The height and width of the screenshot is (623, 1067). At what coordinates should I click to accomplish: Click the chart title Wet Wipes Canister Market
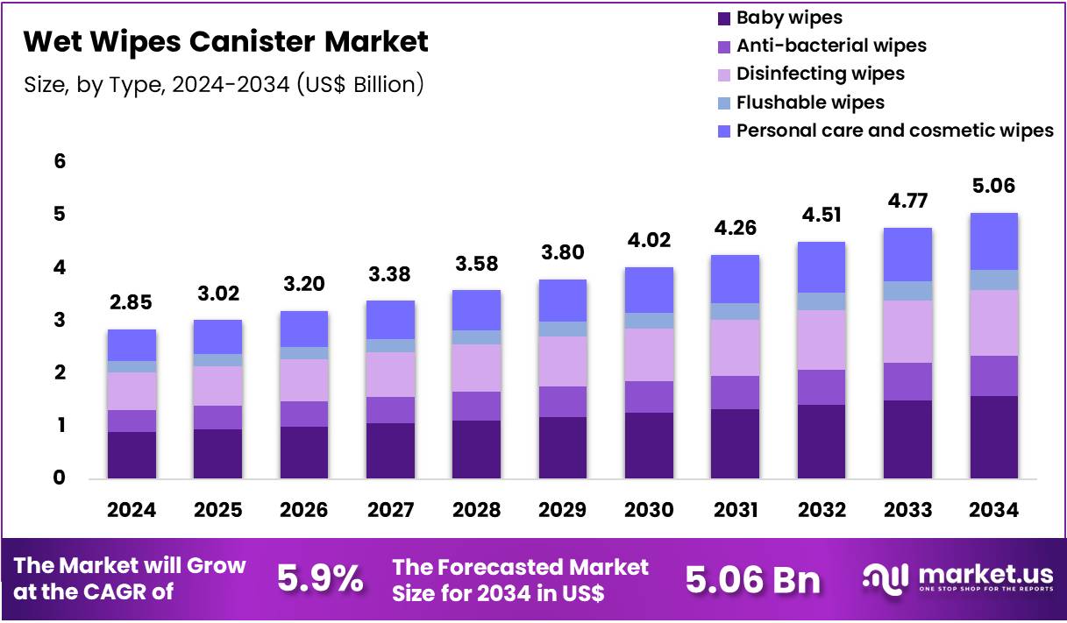click(225, 41)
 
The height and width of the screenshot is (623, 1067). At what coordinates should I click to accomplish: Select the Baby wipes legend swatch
click(723, 18)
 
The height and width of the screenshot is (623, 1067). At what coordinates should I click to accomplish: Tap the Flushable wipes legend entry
click(809, 103)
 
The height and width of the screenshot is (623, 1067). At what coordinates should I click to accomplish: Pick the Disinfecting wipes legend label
click(820, 74)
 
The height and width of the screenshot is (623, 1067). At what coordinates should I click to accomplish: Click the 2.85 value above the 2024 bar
click(131, 303)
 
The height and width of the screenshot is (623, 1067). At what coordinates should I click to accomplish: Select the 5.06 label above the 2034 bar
click(993, 186)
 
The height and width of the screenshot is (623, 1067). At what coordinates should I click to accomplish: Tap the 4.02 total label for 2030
click(648, 241)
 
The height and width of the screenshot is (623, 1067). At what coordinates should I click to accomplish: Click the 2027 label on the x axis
click(389, 510)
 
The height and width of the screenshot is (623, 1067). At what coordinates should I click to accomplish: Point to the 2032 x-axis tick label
click(821, 510)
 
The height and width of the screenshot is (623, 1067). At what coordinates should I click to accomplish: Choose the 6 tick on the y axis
click(60, 161)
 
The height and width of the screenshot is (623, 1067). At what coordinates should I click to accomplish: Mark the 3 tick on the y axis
click(60, 320)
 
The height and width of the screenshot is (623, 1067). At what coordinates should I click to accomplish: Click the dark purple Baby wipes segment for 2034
click(993, 437)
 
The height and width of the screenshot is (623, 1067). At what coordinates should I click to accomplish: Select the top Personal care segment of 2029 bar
click(562, 301)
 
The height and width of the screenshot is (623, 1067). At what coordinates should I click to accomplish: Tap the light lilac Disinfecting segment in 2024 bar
click(132, 391)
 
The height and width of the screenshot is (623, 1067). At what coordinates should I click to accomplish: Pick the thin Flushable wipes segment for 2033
click(907, 291)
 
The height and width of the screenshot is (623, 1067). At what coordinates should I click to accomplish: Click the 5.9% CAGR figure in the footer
click(320, 579)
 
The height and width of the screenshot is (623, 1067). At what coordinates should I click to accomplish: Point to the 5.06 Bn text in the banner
click(752, 579)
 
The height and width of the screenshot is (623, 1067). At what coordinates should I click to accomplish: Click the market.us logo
click(958, 578)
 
